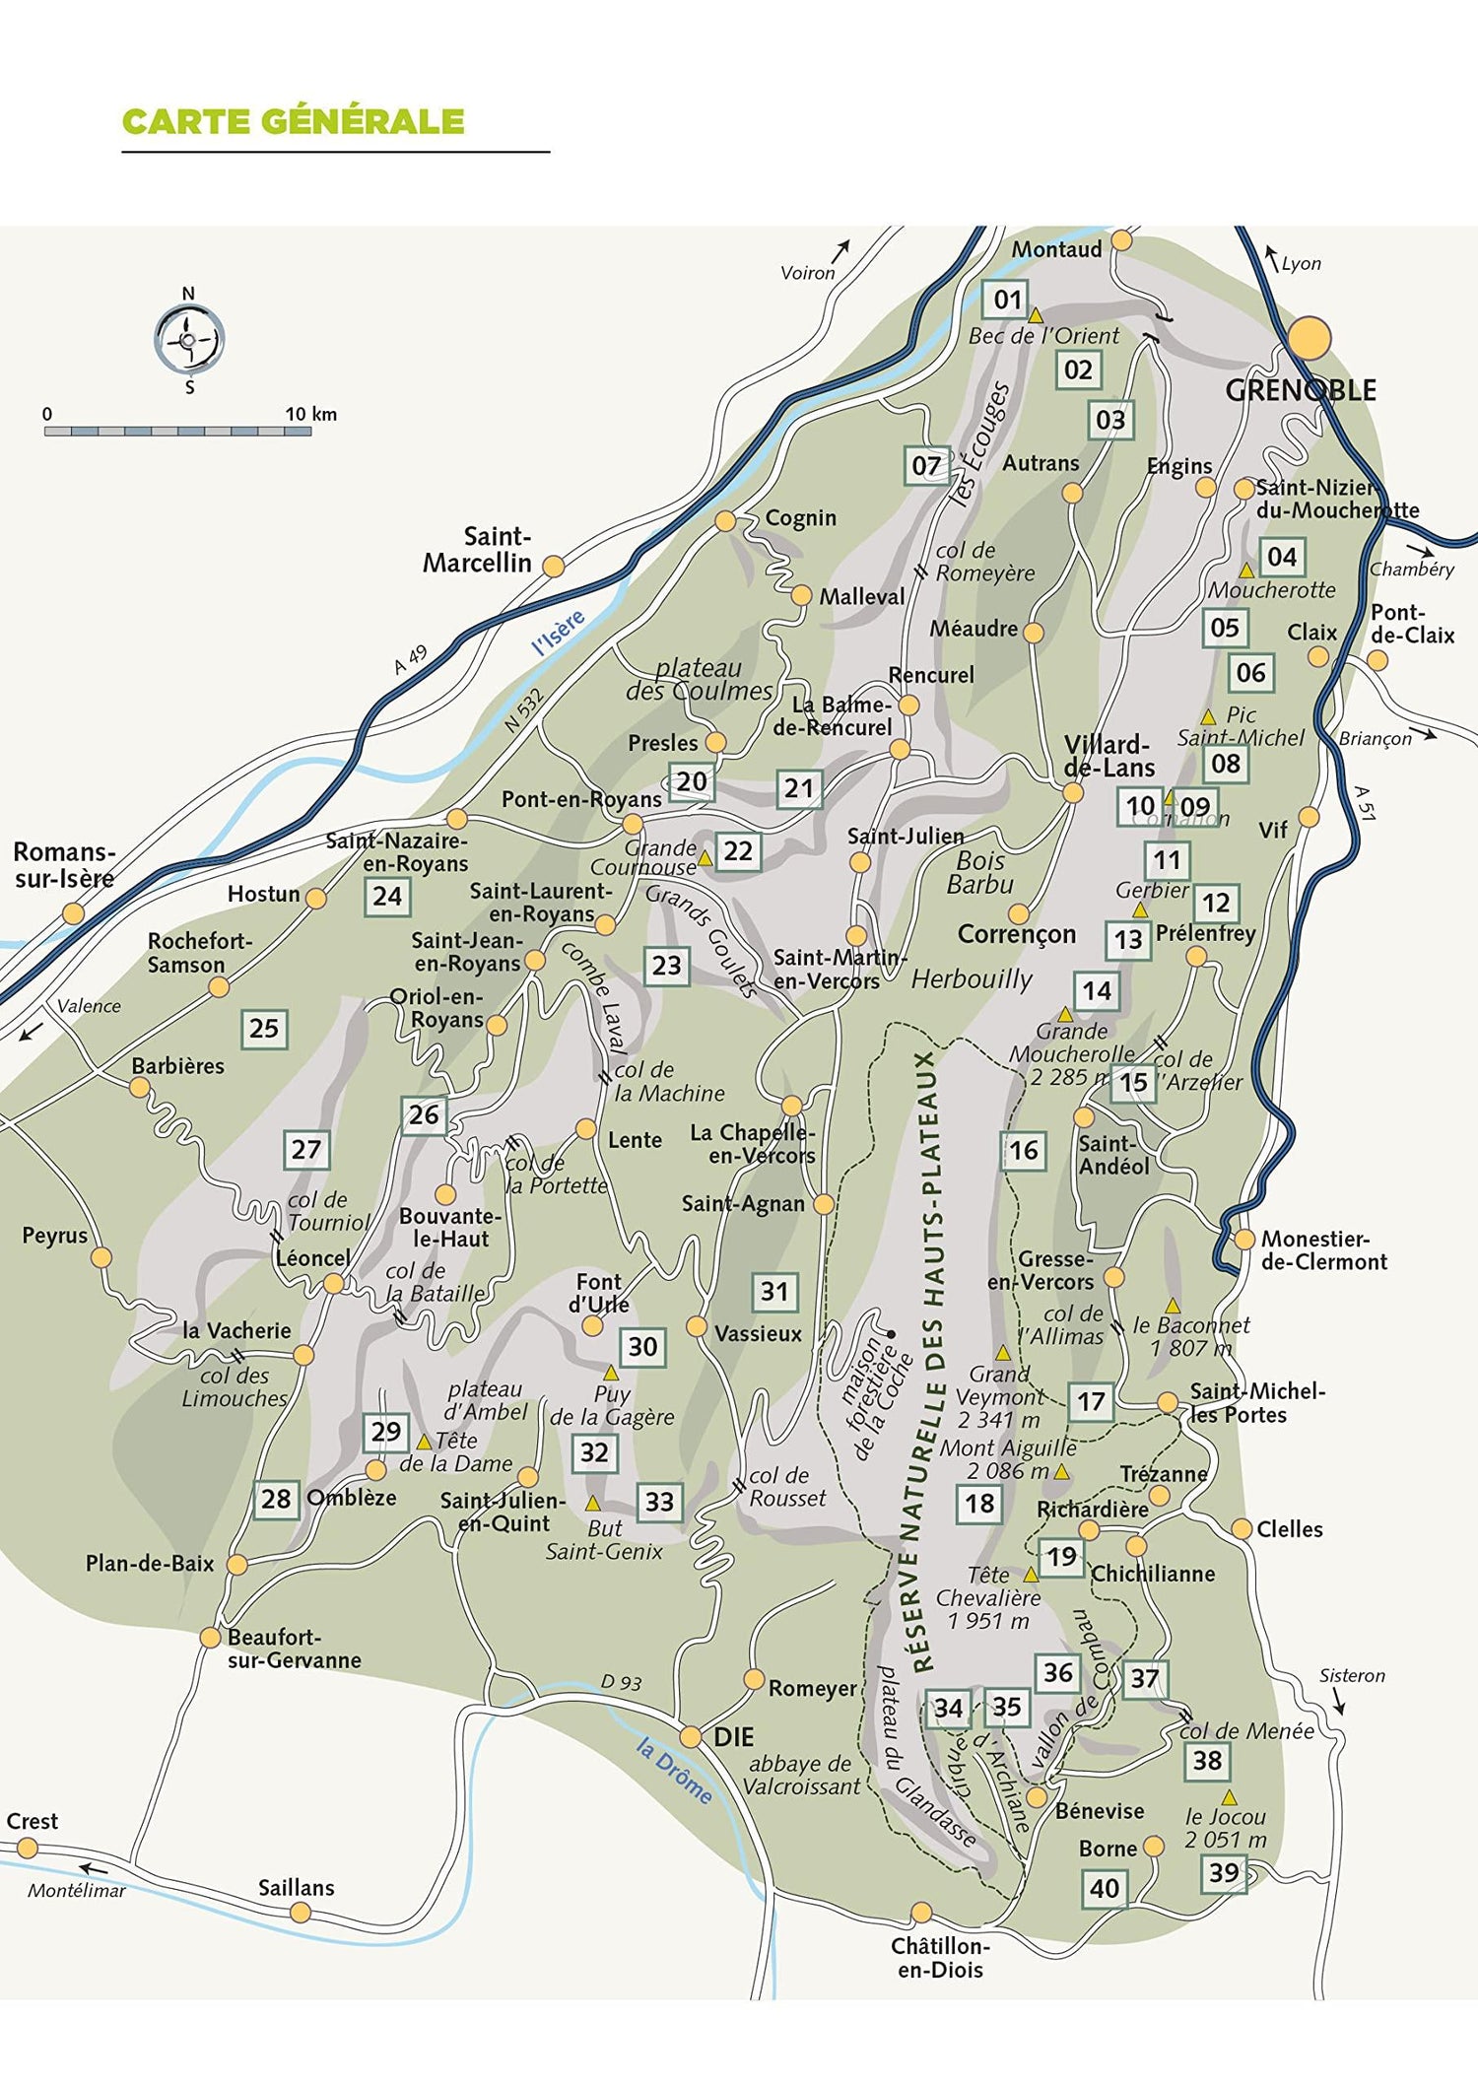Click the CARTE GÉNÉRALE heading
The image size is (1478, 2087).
[x=293, y=121]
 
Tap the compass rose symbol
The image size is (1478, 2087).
[x=188, y=339]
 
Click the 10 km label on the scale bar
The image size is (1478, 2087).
[x=310, y=414]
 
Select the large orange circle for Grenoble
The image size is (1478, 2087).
[x=1310, y=338]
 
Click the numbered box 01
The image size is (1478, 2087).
[x=1006, y=300]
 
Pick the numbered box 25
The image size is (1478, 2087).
[x=263, y=1028]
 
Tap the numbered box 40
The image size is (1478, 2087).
[x=1105, y=1888]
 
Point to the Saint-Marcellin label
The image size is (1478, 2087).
[x=478, y=550]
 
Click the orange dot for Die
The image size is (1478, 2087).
[x=691, y=1737]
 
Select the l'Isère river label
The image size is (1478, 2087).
[x=558, y=633]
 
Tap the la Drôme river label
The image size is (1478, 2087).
[x=674, y=1771]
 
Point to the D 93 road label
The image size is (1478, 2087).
[x=621, y=1683]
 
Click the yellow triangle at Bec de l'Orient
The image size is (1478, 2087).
[x=1036, y=316]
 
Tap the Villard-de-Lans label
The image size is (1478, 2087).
[x=1108, y=756]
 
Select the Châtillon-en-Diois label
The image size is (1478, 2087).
[x=940, y=1958]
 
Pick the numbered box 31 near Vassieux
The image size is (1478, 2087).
[x=774, y=1291]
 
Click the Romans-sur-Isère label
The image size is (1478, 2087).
[x=64, y=865]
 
